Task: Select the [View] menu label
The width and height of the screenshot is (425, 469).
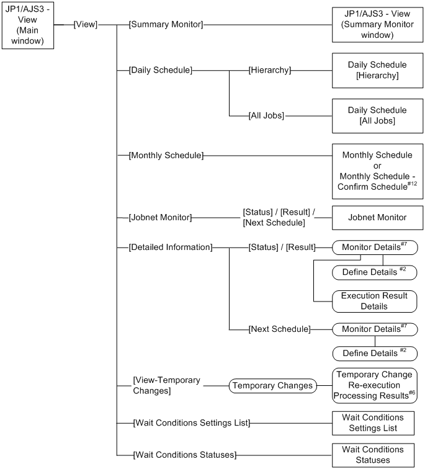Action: (x=85, y=25)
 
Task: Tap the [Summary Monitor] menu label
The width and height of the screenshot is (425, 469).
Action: (x=166, y=25)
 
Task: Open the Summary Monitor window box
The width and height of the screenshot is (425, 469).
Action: (x=377, y=25)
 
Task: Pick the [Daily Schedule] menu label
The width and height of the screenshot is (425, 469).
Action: (x=160, y=70)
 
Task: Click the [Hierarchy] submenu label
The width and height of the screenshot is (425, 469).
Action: (x=269, y=70)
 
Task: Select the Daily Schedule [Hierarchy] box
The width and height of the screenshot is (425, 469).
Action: (x=377, y=70)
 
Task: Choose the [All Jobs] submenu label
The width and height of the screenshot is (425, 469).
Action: (x=266, y=115)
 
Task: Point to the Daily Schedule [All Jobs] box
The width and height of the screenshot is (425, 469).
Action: (x=377, y=115)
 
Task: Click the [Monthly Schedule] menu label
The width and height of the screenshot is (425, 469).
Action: (x=166, y=154)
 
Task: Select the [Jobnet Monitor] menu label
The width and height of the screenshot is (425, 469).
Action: (x=160, y=217)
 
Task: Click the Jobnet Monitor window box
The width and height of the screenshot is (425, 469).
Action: (x=377, y=218)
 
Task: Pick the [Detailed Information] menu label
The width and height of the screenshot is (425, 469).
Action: (x=170, y=248)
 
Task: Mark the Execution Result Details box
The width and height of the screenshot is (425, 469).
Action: (x=374, y=301)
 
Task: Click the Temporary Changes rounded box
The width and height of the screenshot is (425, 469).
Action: (x=272, y=385)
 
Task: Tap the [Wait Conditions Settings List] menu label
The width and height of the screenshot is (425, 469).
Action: (x=190, y=423)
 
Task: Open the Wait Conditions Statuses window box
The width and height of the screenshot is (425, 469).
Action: (x=374, y=455)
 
